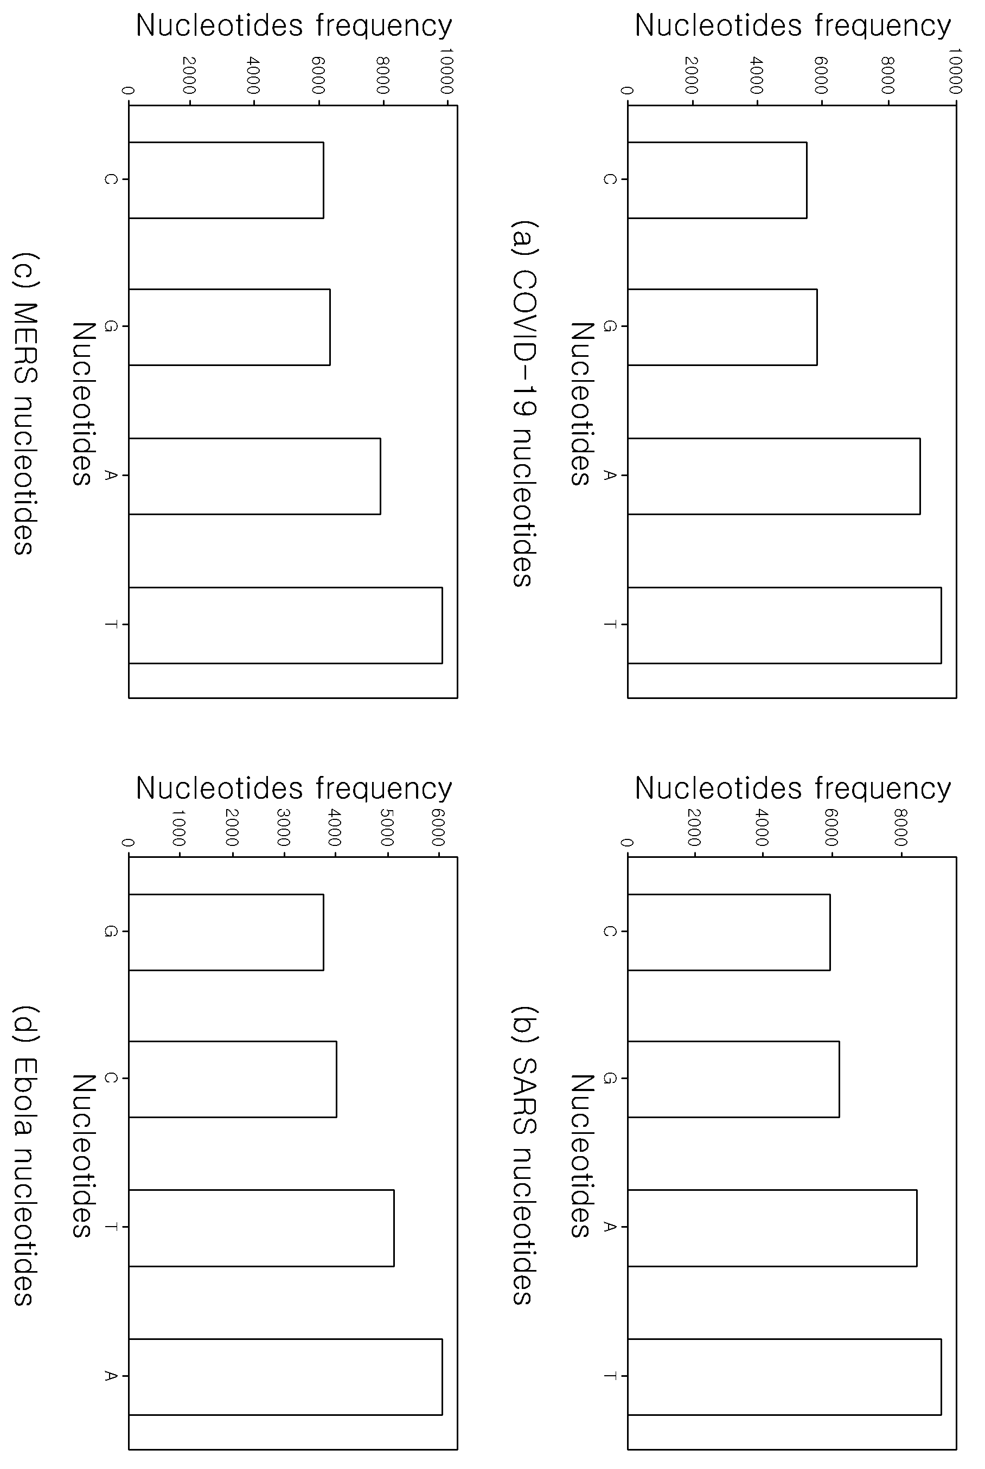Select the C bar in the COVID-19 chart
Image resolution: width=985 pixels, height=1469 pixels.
coord(717,180)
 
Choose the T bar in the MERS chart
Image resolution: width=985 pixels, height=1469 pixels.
coord(285,625)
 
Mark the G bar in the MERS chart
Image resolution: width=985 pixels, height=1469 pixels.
coord(229,326)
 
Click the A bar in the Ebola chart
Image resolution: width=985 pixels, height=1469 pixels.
coord(285,1377)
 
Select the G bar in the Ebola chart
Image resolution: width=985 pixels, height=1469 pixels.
coord(226,932)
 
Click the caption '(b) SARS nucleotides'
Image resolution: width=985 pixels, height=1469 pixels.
coord(523,1155)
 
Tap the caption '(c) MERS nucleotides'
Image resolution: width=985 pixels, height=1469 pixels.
coord(24,403)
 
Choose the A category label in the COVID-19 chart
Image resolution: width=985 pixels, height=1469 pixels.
coord(609,476)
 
